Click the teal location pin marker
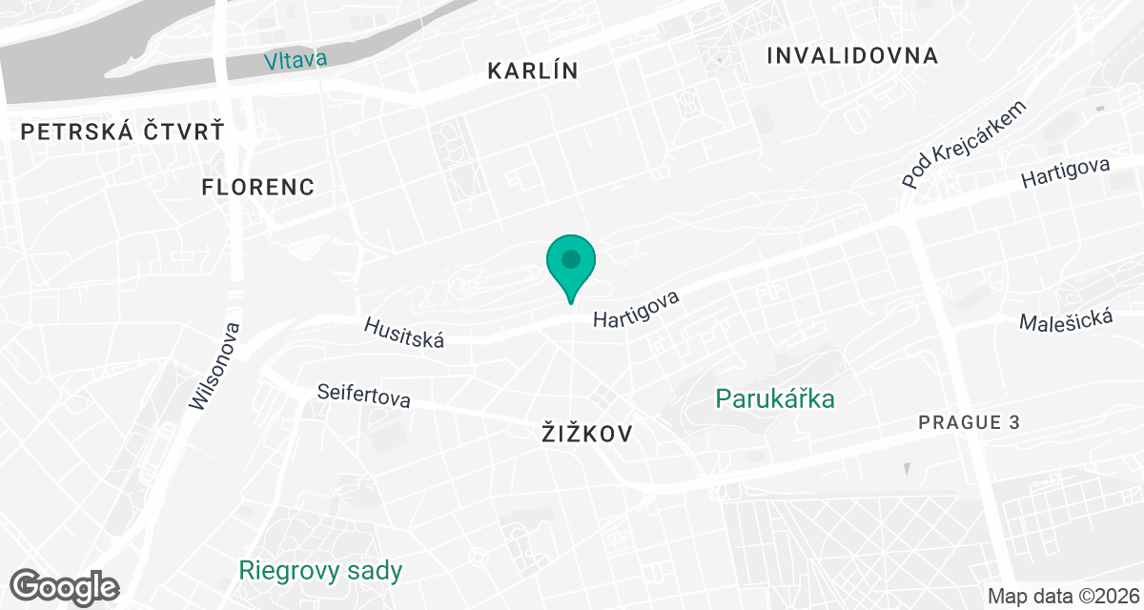571,268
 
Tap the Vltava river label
296,60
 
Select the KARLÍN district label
533,71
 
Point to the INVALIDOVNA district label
852,55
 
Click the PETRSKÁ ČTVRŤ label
122,132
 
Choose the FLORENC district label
258,187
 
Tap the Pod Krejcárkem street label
967,144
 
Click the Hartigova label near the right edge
1065,173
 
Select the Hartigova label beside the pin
636,310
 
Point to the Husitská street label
404,332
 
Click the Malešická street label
1066,321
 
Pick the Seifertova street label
364,395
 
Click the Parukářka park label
775,397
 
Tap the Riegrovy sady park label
320,571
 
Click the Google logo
65,587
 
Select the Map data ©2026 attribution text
1063,597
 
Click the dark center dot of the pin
571,258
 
